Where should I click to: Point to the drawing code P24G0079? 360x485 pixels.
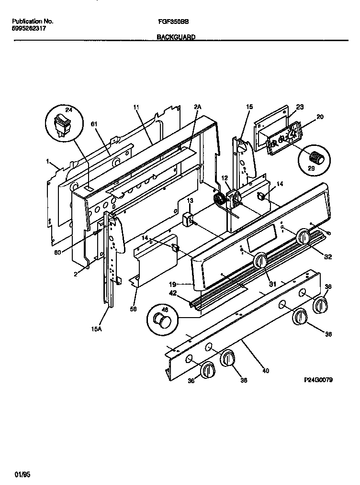coord(318,379)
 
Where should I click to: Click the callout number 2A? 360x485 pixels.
coord(197,108)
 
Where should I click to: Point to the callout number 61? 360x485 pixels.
coord(94,124)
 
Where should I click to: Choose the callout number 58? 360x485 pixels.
coord(134,309)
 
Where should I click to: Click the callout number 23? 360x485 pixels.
coord(300,108)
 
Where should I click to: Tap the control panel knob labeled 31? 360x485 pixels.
coord(261,261)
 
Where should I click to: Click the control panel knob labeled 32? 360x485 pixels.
coord(303,237)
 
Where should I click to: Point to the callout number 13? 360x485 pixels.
coord(190,201)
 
